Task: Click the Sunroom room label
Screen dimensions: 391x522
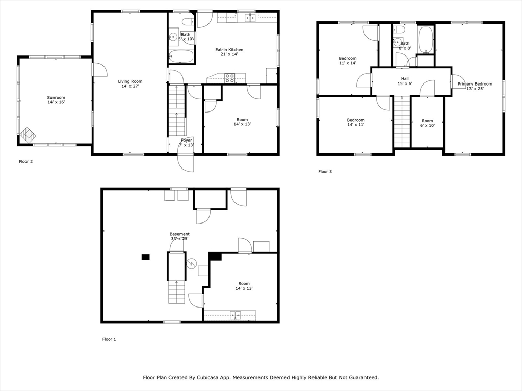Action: tap(56, 100)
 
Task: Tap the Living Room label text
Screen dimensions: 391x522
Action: tap(130, 84)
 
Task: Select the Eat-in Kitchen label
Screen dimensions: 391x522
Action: tap(229, 52)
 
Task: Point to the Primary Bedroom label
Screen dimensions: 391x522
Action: tap(475, 86)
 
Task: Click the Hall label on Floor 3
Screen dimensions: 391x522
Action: tap(405, 81)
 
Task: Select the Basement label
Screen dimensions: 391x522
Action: tap(179, 236)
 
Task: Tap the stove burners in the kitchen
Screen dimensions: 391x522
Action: tap(229, 78)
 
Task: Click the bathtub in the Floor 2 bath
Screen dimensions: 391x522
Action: tap(181, 57)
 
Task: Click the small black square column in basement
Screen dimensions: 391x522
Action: tap(146, 257)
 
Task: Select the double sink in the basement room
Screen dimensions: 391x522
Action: tap(236, 315)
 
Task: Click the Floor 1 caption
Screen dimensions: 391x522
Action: tap(109, 339)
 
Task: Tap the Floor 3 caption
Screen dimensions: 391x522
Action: tap(325, 172)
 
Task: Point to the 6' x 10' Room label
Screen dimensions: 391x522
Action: tap(427, 123)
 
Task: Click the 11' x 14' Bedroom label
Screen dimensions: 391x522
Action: tap(348, 61)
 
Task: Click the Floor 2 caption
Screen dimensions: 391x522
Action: tap(26, 162)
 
